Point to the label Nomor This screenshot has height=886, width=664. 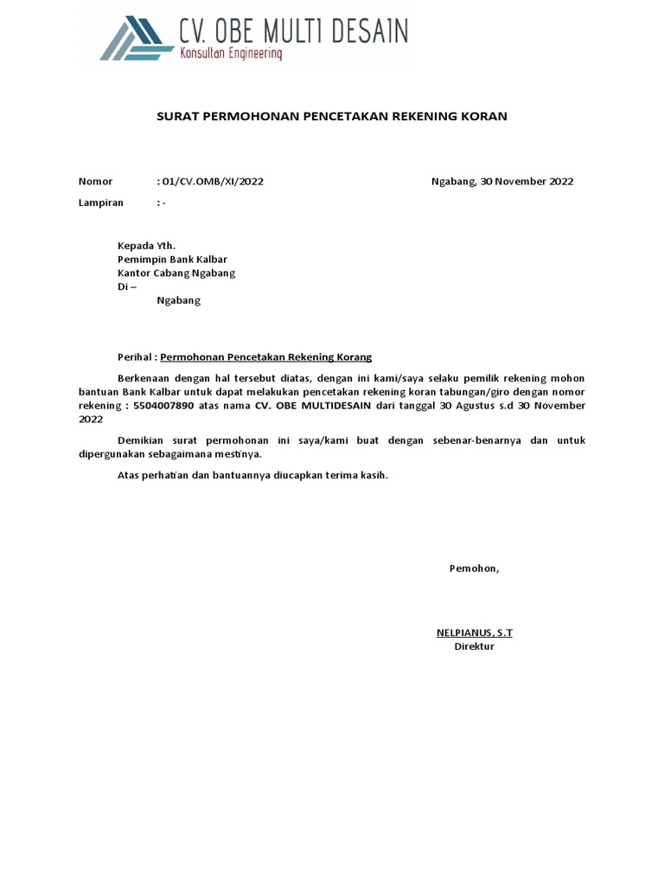tap(95, 182)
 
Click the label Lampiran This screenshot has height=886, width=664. tap(101, 202)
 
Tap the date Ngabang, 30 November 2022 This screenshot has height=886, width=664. tap(501, 182)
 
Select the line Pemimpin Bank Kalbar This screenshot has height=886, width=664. tap(173, 260)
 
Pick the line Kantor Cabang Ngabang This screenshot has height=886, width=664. tap(176, 273)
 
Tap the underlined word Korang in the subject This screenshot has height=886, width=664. tap(354, 357)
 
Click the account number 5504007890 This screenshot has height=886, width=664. tap(169, 406)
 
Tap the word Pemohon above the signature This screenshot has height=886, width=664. tap(473, 568)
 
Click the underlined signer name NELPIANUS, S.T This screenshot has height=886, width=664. tap(474, 632)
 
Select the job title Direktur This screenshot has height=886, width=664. tap(474, 646)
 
